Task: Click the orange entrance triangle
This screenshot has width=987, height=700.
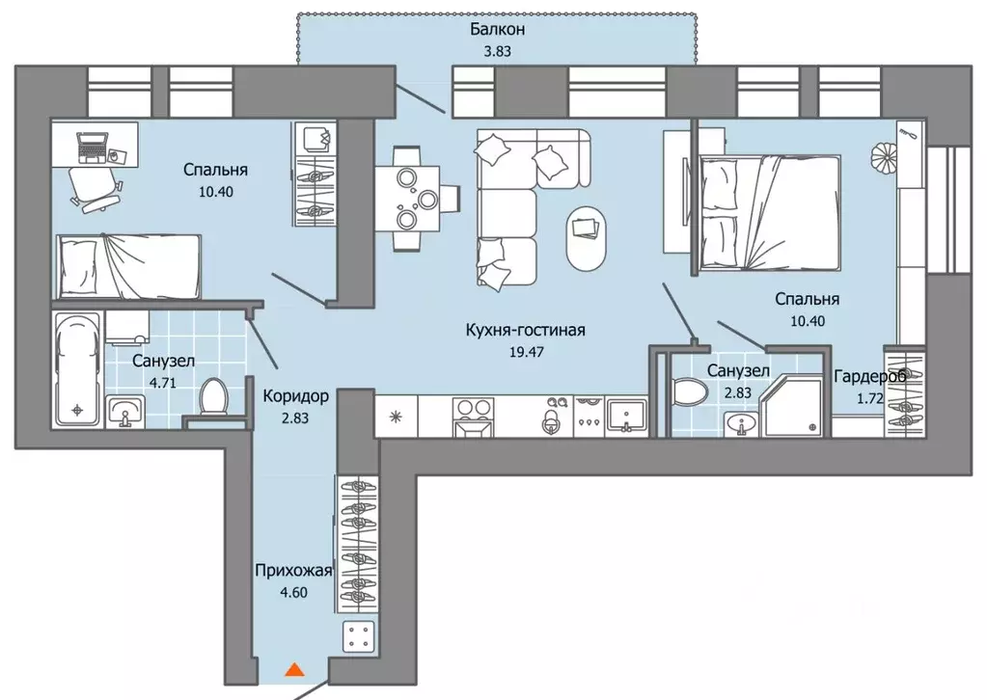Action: pyautogui.click(x=294, y=670)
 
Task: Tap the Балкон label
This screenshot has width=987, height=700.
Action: pyautogui.click(x=497, y=29)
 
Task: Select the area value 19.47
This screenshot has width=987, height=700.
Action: pyautogui.click(x=526, y=352)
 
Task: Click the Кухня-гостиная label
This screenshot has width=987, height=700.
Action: pyautogui.click(x=526, y=330)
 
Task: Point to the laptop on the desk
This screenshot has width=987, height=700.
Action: pyautogui.click(x=92, y=148)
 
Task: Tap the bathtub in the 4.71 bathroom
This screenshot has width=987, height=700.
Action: pyautogui.click(x=77, y=369)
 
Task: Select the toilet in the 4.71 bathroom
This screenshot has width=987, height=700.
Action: pyautogui.click(x=214, y=397)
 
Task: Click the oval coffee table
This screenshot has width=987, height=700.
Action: pyautogui.click(x=587, y=238)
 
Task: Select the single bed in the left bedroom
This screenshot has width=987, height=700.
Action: pyautogui.click(x=128, y=265)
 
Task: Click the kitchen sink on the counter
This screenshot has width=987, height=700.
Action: pyautogui.click(x=626, y=417)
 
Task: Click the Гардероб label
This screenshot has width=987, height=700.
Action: pyautogui.click(x=870, y=377)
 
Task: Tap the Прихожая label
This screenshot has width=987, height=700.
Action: pyautogui.click(x=293, y=571)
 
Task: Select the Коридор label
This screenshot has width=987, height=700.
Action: pyautogui.click(x=295, y=396)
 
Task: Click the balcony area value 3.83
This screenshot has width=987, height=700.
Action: pyautogui.click(x=497, y=51)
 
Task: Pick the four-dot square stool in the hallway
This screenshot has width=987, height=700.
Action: pyautogui.click(x=359, y=635)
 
